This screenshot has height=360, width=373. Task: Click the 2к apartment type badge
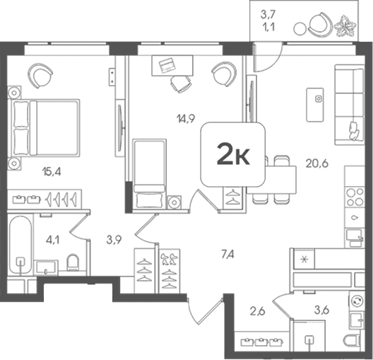pyautogui.click(x=233, y=154)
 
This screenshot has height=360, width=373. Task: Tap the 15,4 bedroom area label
pyautogui.click(x=52, y=171)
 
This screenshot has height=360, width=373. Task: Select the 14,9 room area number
pyautogui.click(x=186, y=118)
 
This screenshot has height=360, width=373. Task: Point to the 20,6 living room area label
pyautogui.click(x=317, y=163)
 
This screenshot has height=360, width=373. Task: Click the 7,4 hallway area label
pyautogui.click(x=227, y=255)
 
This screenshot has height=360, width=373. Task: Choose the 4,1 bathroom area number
pyautogui.click(x=52, y=240)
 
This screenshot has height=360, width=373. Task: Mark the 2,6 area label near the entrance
pyautogui.click(x=258, y=311)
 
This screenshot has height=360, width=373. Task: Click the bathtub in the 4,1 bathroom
pyautogui.click(x=20, y=245)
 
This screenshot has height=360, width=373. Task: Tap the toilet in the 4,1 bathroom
pyautogui.click(x=73, y=262)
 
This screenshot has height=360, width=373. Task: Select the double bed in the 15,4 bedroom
pyautogui.click(x=44, y=128)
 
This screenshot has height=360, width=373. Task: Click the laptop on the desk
pyautogui.click(x=167, y=65)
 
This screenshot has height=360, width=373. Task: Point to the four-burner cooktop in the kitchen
pyautogui.click(x=355, y=197)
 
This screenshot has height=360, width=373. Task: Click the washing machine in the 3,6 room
pyautogui.click(x=357, y=301)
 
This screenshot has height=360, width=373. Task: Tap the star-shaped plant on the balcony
pyautogui.click(x=345, y=26)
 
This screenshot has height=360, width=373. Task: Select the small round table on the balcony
pyautogui.click(x=300, y=28)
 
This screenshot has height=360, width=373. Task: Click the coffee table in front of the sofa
pyautogui.click(x=315, y=105)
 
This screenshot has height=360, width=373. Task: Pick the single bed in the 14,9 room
pyautogui.click(x=149, y=174)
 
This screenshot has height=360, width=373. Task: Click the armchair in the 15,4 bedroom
pyautogui.click(x=40, y=76)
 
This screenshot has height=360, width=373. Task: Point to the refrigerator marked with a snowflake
pyautogui.click(x=304, y=259)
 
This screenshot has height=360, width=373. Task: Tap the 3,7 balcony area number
pyautogui.click(x=268, y=15)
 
